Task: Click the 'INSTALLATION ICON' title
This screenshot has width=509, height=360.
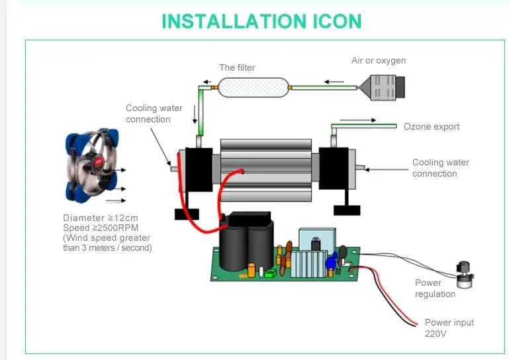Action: click(x=261, y=21)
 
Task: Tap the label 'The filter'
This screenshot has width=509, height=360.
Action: click(x=237, y=67)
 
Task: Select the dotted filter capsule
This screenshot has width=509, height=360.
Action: click(x=254, y=87)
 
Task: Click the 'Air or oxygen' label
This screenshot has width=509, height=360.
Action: click(x=379, y=61)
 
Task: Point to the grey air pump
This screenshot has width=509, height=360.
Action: click(x=383, y=87)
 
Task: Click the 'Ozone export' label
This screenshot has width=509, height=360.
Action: click(x=432, y=126)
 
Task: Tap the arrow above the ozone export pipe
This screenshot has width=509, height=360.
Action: click(x=357, y=120)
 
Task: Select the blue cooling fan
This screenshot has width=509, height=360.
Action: click(x=92, y=165)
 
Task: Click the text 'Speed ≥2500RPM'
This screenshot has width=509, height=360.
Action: click(x=101, y=228)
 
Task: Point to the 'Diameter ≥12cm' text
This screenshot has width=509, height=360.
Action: click(x=101, y=218)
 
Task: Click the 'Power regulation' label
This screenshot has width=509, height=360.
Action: click(x=435, y=289)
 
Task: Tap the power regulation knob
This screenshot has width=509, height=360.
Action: click(x=465, y=275)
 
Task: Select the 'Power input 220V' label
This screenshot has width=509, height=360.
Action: click(x=449, y=328)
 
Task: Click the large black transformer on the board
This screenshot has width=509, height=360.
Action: click(x=246, y=241)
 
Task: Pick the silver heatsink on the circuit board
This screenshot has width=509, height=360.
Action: click(x=308, y=264)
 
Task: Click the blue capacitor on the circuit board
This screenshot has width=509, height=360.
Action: click(x=330, y=262)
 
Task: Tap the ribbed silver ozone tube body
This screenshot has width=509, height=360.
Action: click(x=266, y=171)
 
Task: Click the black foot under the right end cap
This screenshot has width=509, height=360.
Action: click(x=347, y=210)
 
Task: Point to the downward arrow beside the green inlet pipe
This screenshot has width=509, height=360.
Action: click(x=195, y=114)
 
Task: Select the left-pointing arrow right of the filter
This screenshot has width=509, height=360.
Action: click(x=334, y=82)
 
